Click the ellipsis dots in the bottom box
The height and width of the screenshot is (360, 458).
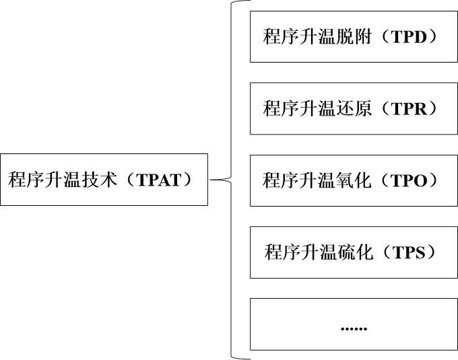(x=354, y=328)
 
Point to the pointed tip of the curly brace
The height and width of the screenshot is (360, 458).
(x=211, y=180)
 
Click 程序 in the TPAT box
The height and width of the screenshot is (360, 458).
(x=26, y=180)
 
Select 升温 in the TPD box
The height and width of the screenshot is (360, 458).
(x=317, y=36)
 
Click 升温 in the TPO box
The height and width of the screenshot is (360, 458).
(x=317, y=180)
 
